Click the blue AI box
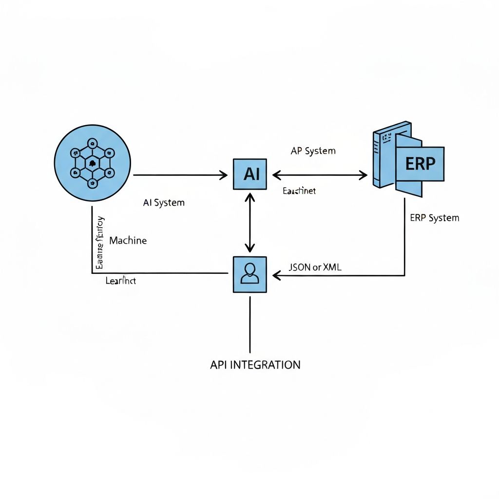[x=250, y=174]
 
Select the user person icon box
[x=250, y=274]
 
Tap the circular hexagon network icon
[x=93, y=163]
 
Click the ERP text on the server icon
[x=420, y=164]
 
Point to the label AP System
[x=313, y=151]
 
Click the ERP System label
[x=434, y=218]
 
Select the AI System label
[x=164, y=203]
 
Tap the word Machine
[x=128, y=240]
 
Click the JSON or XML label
[x=315, y=267]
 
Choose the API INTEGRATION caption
[x=255, y=365]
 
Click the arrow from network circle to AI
[x=180, y=175]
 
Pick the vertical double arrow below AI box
[x=250, y=222]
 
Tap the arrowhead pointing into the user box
[x=276, y=276]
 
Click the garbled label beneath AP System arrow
[x=299, y=191]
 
